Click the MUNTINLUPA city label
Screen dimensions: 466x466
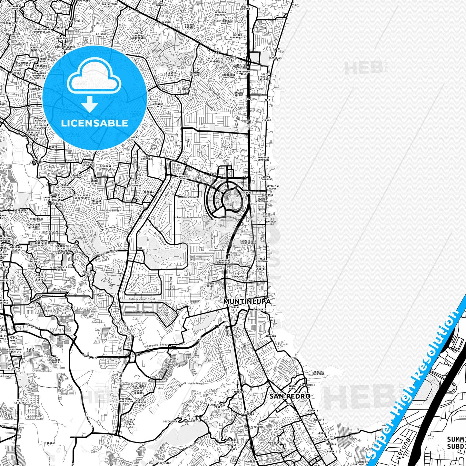(247, 302)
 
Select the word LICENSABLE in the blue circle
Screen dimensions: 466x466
(94, 123)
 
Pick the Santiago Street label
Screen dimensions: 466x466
(184, 217)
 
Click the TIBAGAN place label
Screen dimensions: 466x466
(50, 443)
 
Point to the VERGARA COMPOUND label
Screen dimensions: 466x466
(319, 373)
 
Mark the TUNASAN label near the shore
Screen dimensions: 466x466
(271, 336)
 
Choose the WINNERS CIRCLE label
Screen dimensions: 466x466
(158, 105)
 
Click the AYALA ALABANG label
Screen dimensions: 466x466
(182, 178)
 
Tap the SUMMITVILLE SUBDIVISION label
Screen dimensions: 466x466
(248, 242)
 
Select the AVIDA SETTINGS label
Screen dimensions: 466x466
(20, 402)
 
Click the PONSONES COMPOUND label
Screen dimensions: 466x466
(263, 159)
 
